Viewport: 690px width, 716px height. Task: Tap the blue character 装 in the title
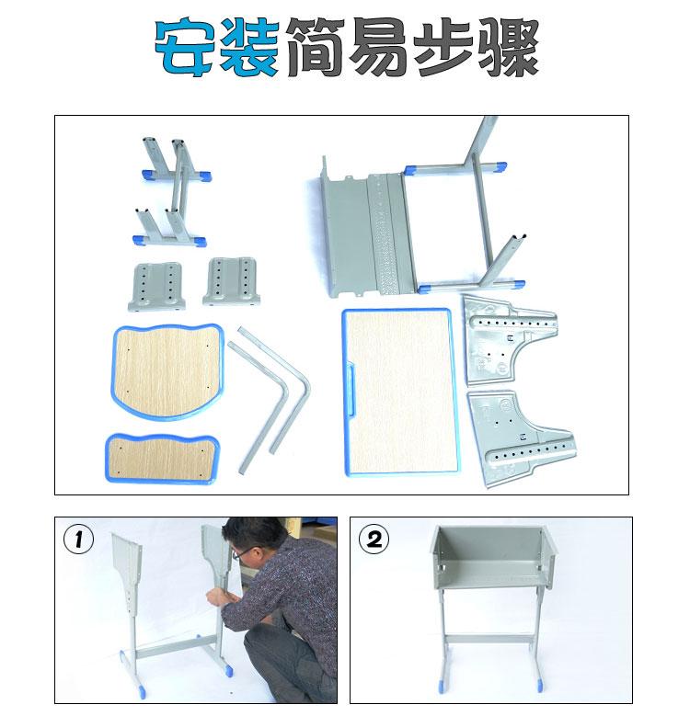point(249,47)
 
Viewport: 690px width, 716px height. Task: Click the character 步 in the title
point(443,47)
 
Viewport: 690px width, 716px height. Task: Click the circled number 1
point(78,540)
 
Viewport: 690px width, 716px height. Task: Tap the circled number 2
point(374,540)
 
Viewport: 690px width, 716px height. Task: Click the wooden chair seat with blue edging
point(167,370)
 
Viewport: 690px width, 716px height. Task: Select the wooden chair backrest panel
point(163,458)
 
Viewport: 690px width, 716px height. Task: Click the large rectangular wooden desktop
point(400,392)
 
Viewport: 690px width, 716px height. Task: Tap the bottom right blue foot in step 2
point(540,686)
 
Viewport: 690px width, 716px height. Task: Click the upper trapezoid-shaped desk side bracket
point(507,338)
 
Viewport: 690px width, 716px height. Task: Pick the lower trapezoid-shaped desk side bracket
point(519,438)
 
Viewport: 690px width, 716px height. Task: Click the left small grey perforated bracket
point(156,287)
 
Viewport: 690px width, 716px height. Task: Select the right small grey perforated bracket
point(232,281)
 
